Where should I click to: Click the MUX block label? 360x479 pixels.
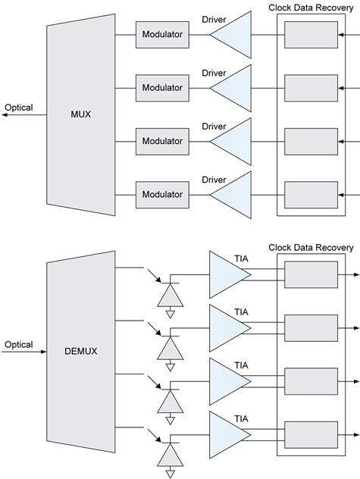pyautogui.click(x=80, y=114)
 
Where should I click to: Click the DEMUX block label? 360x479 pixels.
pyautogui.click(x=80, y=352)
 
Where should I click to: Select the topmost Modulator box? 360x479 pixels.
pyautogui.click(x=162, y=35)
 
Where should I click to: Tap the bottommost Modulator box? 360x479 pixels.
pyautogui.click(x=162, y=195)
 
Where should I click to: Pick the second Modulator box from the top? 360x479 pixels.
pyautogui.click(x=162, y=88)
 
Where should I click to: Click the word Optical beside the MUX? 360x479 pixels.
pyautogui.click(x=19, y=108)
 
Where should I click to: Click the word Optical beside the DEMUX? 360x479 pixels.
pyautogui.click(x=19, y=345)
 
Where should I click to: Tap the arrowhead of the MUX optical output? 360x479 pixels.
pyautogui.click(x=5, y=115)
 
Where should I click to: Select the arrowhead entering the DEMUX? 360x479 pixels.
pyautogui.click(x=43, y=352)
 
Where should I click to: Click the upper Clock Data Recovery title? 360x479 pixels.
pyautogui.click(x=311, y=8)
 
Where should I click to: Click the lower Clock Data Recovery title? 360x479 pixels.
pyautogui.click(x=311, y=248)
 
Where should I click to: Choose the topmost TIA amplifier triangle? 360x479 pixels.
pyautogui.click(x=230, y=274)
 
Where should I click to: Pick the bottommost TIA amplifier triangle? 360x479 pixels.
pyautogui.click(x=230, y=435)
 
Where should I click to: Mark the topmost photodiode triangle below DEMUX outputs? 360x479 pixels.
pyautogui.click(x=171, y=295)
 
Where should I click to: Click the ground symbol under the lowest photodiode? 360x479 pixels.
pyautogui.click(x=171, y=474)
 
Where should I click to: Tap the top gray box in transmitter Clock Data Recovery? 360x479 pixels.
pyautogui.click(x=311, y=35)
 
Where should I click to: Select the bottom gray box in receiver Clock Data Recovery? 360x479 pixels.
pyautogui.click(x=311, y=435)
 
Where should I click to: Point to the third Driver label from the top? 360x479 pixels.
pyautogui.click(x=214, y=127)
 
